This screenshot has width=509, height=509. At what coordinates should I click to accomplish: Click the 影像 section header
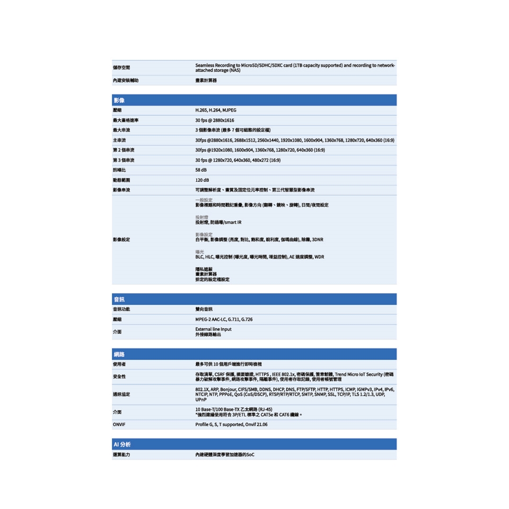tap(119, 100)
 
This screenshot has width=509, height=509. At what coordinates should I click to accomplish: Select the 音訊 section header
tap(119, 300)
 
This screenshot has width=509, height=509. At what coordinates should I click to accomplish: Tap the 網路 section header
tap(119, 354)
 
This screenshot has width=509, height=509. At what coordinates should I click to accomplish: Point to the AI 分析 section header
tap(122, 444)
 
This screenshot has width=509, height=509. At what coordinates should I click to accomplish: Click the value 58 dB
tap(201, 170)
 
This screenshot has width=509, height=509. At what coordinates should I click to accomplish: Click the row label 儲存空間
tap(121, 67)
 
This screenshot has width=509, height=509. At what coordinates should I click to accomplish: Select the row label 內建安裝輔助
tap(125, 81)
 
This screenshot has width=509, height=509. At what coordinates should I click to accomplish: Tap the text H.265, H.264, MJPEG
tap(216, 110)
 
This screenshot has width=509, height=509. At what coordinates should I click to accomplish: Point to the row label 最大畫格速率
tap(125, 120)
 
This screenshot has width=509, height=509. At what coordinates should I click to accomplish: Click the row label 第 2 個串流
tap(123, 150)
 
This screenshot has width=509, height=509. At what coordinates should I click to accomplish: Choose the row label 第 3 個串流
tap(123, 160)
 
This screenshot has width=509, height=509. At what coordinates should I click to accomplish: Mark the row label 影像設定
tap(121, 240)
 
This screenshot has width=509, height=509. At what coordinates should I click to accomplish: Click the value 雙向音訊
tap(204, 309)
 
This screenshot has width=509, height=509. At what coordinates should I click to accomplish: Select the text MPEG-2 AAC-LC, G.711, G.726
tap(224, 320)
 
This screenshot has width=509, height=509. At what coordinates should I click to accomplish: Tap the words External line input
tap(213, 329)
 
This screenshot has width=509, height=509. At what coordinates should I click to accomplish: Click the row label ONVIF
tap(119, 425)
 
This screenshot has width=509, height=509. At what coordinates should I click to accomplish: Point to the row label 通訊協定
tap(121, 395)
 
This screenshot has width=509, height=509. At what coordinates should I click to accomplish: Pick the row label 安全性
tap(119, 376)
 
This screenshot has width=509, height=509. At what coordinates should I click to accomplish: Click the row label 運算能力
tap(121, 455)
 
